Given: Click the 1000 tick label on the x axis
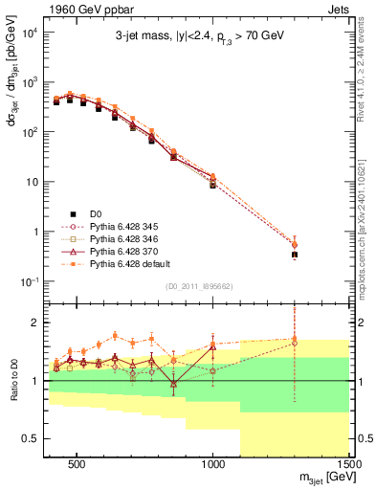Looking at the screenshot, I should click(213, 466).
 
